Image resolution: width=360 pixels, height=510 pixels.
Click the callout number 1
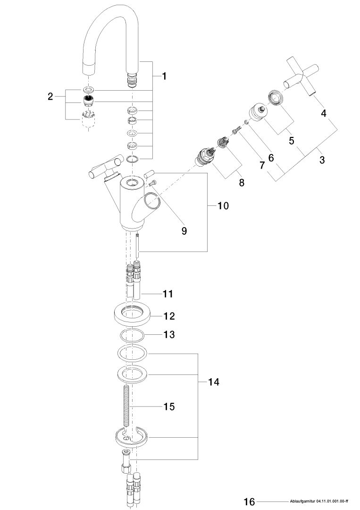[x=164, y=76]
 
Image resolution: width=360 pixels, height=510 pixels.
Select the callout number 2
[x=50, y=97]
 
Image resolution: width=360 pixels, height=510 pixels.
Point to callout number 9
[x=184, y=230]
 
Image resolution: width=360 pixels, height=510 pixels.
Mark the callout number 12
[x=168, y=315]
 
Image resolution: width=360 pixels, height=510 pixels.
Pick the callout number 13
[x=168, y=334]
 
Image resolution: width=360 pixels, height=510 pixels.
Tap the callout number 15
[x=168, y=406]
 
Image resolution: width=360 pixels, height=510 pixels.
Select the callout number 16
[x=249, y=501]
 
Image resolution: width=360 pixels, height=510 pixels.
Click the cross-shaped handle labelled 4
[x=301, y=76]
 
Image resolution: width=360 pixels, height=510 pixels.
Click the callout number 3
[x=322, y=160]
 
